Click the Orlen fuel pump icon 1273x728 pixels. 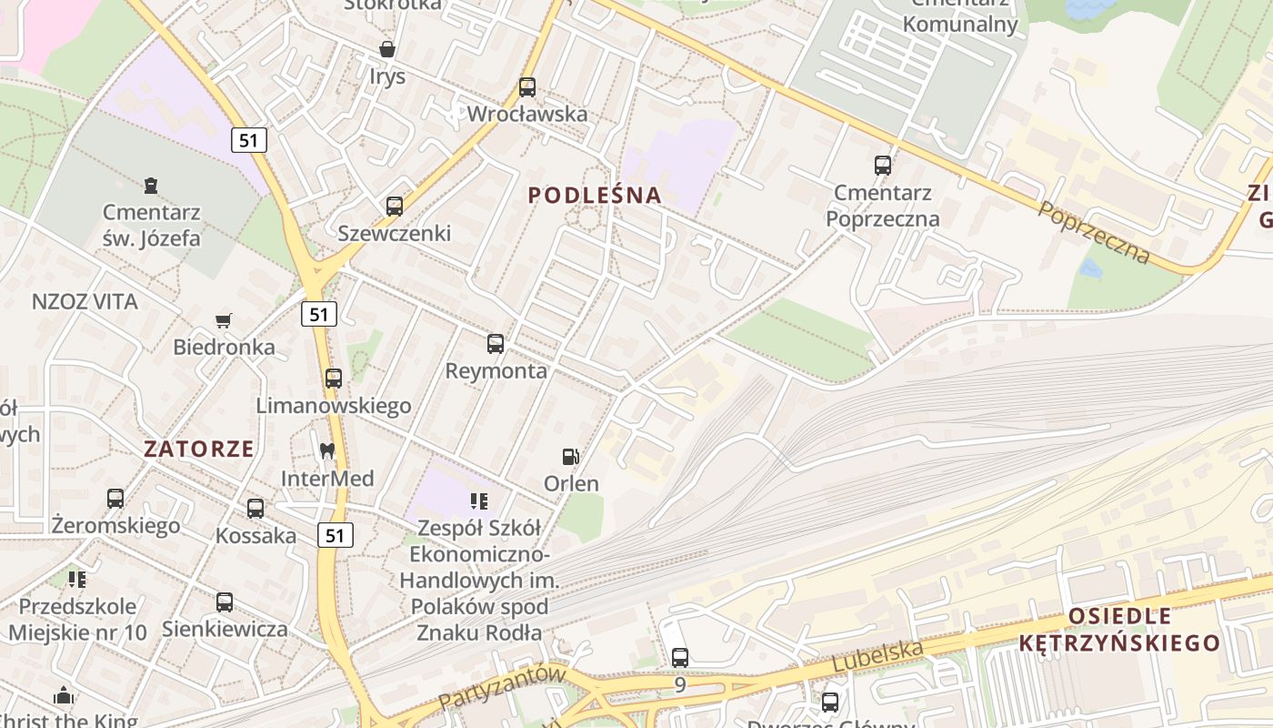click(x=570, y=457)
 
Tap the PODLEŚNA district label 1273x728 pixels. click(x=595, y=196)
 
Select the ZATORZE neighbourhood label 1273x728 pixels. click(x=199, y=449)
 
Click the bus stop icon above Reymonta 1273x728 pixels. click(x=496, y=344)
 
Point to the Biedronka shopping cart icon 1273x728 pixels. click(x=224, y=320)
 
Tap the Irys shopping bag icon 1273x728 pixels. click(x=387, y=49)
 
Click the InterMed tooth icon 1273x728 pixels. click(x=327, y=450)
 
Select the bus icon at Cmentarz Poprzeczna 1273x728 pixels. click(x=883, y=166)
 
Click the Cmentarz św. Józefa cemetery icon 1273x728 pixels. click(x=151, y=186)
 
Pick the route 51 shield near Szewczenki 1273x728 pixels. click(x=318, y=314)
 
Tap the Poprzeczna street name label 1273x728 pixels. click(x=1093, y=233)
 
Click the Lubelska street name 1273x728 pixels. click(x=878, y=657)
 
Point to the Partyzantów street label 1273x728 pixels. click(x=501, y=688)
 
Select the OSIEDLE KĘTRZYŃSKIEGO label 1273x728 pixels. click(x=1119, y=630)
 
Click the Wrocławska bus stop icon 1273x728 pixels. click(x=527, y=88)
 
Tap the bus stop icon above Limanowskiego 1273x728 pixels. click(x=334, y=379)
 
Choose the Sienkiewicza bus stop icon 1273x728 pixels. click(x=225, y=602)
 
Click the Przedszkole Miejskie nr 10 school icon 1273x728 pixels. click(x=77, y=579)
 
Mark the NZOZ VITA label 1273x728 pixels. click(x=85, y=302)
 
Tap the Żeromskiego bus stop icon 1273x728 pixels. click(x=115, y=499)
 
